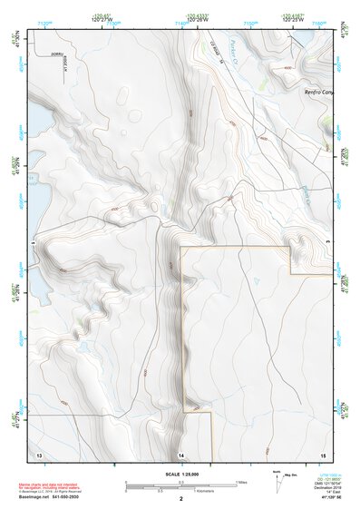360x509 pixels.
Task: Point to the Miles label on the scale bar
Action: [242, 481]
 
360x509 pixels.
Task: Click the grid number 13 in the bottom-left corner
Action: [38, 452]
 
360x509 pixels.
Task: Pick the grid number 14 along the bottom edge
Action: [181, 453]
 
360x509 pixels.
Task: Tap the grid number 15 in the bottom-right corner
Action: [322, 452]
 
